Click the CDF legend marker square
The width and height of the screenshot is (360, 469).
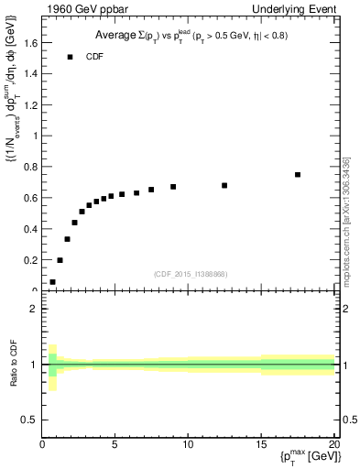pos(70,57)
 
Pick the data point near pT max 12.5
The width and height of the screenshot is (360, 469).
pos(224,185)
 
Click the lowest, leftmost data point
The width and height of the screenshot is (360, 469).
pos(52,282)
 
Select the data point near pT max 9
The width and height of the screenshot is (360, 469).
pos(173,187)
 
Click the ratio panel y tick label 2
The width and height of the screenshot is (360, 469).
pos(34,309)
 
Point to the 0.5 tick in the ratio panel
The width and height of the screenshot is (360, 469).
pos(30,420)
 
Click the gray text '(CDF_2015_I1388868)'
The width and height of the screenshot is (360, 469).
pos(189,274)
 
